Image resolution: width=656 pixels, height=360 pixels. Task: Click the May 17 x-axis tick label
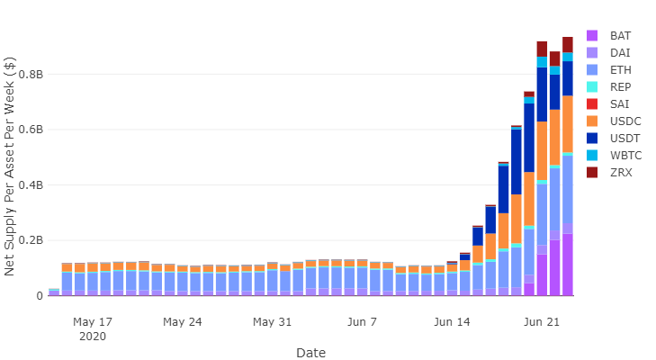pos(93,321)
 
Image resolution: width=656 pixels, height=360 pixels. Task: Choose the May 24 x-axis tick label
pos(183,321)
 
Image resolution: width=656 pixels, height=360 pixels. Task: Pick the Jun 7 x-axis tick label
pos(362,321)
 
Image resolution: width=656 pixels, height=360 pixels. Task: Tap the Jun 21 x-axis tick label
pos(542,321)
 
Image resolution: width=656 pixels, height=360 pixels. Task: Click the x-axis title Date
pos(310,352)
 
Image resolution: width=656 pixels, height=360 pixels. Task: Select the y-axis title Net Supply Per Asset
pos(11,166)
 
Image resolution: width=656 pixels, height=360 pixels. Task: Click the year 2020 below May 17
pos(93,336)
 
